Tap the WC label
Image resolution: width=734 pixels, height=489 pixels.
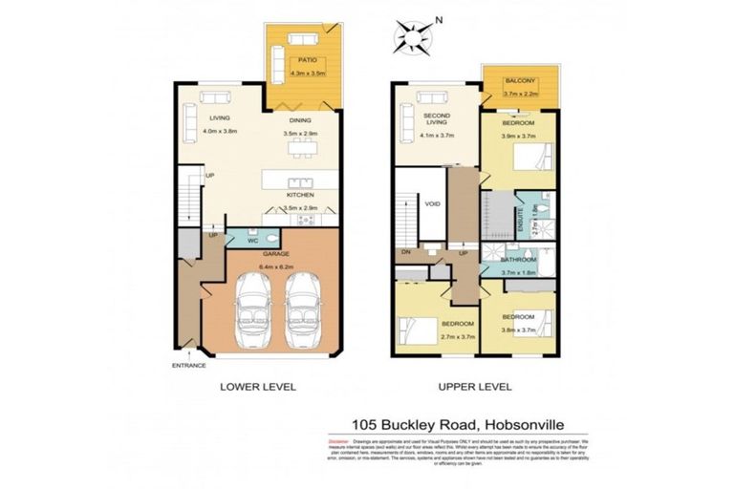pos(253,241)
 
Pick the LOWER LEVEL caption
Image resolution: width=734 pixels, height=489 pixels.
pos(258,387)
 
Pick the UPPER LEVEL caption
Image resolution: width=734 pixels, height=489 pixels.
pos(476,387)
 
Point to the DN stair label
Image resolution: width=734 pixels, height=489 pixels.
pos(406,253)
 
